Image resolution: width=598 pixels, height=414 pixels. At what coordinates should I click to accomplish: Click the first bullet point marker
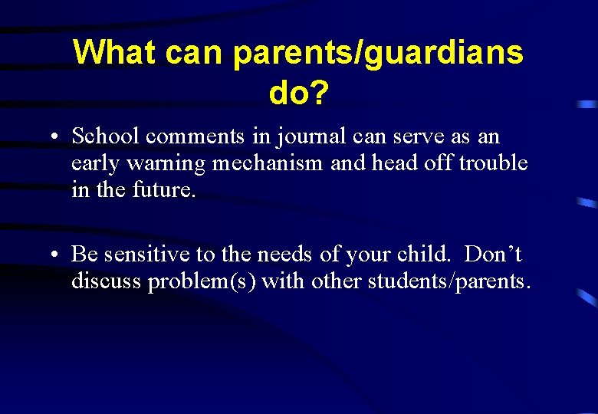click(x=57, y=139)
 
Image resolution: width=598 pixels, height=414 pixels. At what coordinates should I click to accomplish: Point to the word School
click(x=105, y=136)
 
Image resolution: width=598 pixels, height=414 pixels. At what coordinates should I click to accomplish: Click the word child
click(x=428, y=254)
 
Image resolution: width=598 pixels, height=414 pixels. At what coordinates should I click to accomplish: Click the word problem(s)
click(x=202, y=281)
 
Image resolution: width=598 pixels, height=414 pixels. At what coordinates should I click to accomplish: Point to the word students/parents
click(x=449, y=281)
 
